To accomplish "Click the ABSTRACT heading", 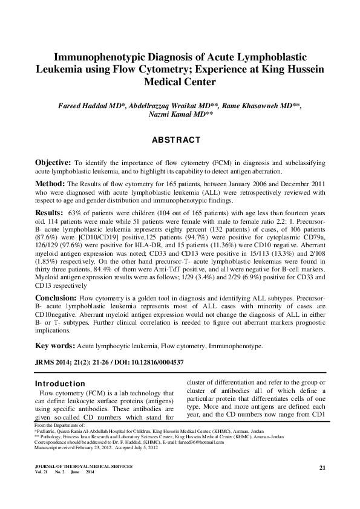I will click(x=180, y=140).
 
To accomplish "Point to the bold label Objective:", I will click(x=53, y=163).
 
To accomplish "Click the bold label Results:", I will click(x=49, y=213).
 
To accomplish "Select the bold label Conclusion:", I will click(x=57, y=299).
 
